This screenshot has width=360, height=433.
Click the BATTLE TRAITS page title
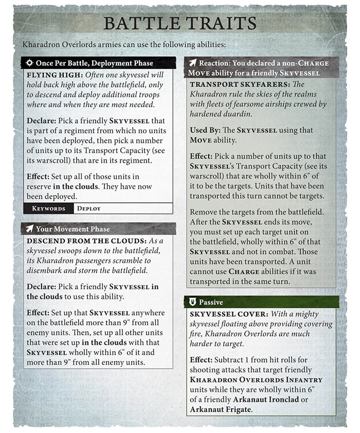click(179, 23)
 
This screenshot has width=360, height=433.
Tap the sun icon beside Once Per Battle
click(29, 63)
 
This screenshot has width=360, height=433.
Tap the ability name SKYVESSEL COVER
click(226, 314)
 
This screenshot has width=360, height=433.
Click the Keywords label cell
click(48, 209)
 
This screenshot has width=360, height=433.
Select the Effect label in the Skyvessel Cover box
click(202, 357)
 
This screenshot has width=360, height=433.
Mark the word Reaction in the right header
click(217, 63)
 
